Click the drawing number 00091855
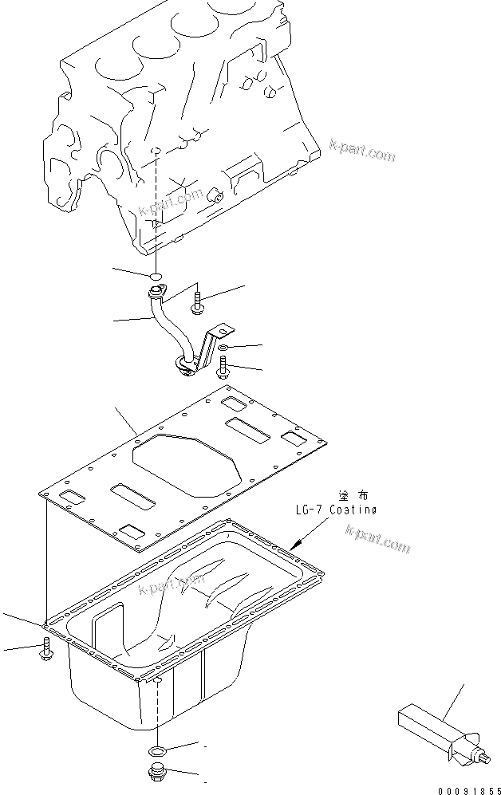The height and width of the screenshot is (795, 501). coord(464,785)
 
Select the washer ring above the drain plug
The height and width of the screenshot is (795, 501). coord(157,750)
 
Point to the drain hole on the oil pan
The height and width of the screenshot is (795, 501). coord(158,681)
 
